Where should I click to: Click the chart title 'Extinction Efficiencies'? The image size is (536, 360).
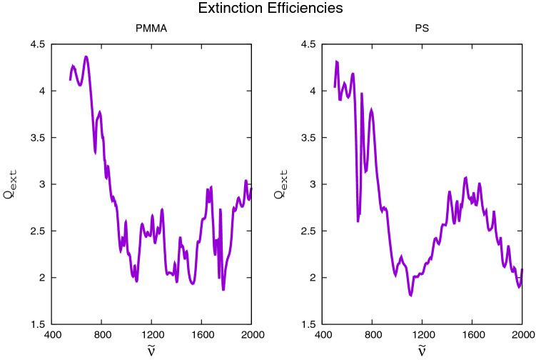point(268,9)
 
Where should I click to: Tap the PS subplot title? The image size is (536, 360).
point(422,31)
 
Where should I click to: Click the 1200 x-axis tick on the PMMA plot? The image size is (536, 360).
point(152,334)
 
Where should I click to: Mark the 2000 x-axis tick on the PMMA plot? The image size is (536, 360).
point(251,334)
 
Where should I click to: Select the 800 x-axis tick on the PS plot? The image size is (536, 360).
point(373,334)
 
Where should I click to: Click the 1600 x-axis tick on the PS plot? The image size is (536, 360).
point(472,334)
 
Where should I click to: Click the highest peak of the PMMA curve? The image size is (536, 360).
point(86,57)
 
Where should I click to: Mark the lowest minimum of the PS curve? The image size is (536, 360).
point(411,295)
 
